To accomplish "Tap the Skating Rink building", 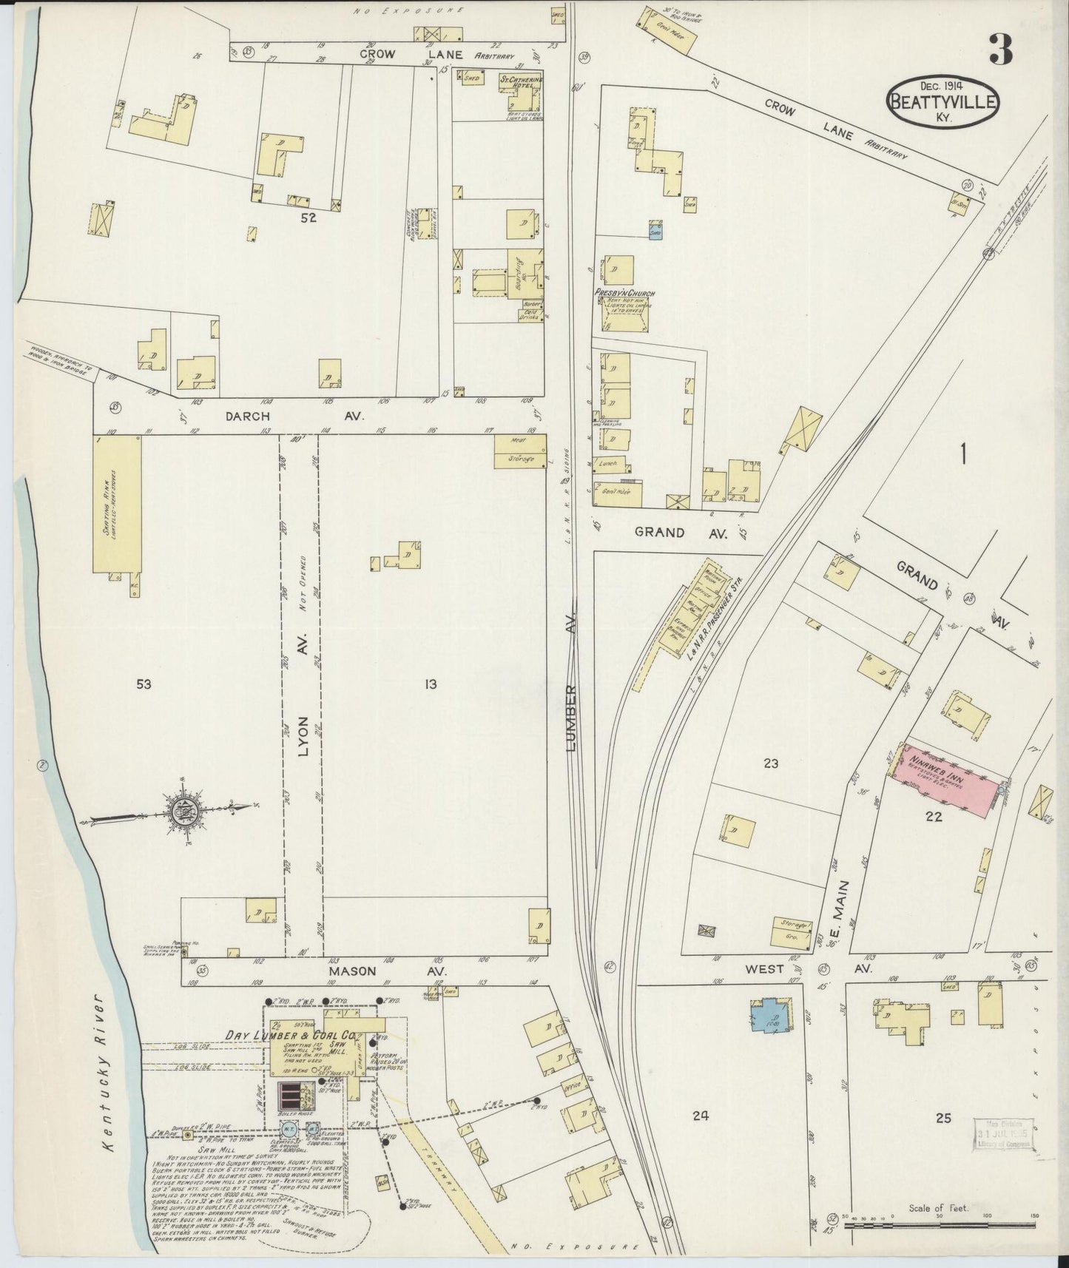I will coord(117,503).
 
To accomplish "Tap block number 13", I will coord(431,684).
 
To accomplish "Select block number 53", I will coord(144,684).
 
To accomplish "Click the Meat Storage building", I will coord(521,451).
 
